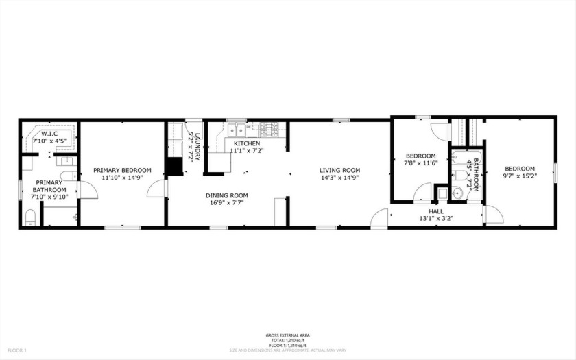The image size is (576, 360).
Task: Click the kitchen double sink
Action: pos(238,129)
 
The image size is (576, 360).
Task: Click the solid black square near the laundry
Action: pos(175,168)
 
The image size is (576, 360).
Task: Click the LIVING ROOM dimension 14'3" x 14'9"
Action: pos(340,178)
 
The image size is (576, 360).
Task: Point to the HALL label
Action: pos(436,212)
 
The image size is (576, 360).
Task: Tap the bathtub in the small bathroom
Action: pos(458,168)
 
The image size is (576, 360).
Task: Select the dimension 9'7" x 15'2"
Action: pos(520,176)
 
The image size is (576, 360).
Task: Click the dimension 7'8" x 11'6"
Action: pos(420,163)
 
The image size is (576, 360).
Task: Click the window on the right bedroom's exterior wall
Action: pos(555,171)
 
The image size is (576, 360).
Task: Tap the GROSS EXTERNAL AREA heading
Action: pos(287,335)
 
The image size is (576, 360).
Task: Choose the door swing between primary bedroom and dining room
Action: pos(156,189)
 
